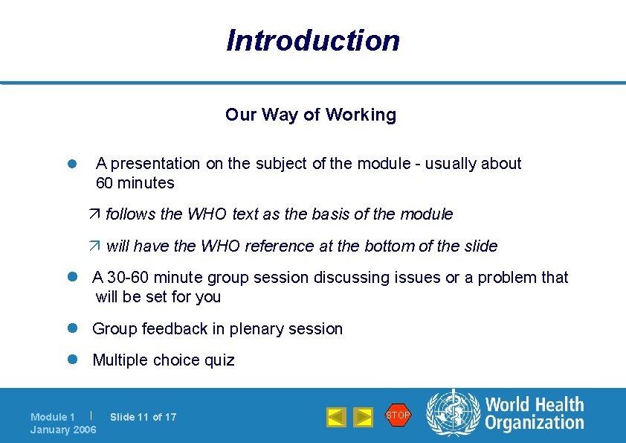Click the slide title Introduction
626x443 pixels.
tap(313, 40)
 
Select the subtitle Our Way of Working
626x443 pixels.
tap(311, 115)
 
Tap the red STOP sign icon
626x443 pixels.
tap(398, 415)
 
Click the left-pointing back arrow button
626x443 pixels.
tap(337, 417)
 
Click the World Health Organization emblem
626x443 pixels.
tap(453, 414)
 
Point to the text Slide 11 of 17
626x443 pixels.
tap(143, 417)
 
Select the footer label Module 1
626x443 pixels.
tap(53, 417)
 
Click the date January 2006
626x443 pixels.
tap(63, 430)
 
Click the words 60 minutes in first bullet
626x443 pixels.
tap(135, 183)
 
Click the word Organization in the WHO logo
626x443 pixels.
tap(535, 423)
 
